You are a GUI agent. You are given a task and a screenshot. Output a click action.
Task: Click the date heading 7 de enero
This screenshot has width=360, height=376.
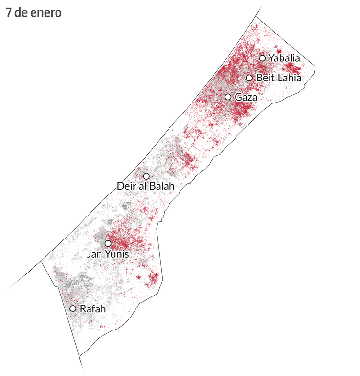[34, 13]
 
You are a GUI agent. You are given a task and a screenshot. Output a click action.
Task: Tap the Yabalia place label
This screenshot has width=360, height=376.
[284, 58]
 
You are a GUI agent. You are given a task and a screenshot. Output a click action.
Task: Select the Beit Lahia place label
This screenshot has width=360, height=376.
[279, 78]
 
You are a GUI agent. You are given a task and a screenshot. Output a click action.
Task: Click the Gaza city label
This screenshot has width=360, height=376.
[246, 97]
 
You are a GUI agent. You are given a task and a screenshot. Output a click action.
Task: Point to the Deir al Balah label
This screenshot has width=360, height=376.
[146, 186]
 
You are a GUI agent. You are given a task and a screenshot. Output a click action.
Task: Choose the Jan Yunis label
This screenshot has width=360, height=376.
[108, 254]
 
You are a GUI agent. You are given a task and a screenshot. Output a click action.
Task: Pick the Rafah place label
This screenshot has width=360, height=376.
[92, 309]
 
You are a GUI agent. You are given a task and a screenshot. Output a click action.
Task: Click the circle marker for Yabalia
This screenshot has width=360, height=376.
[262, 58]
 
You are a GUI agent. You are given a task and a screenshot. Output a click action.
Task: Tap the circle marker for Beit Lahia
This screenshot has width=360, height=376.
[249, 78]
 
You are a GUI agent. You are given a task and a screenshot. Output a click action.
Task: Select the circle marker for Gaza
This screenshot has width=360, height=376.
[228, 97]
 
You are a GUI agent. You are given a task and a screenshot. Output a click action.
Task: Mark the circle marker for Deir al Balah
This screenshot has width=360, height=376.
[146, 176]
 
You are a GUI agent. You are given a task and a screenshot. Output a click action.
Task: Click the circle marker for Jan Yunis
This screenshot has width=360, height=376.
[108, 243]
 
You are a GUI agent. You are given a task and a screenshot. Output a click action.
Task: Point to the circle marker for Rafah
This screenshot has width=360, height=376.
[73, 308]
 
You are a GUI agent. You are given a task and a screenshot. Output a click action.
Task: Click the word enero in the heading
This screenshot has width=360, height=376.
[48, 13]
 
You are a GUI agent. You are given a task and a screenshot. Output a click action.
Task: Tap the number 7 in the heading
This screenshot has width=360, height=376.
[9, 13]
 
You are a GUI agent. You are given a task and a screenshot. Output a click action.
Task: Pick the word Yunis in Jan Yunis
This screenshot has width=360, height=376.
[117, 254]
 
